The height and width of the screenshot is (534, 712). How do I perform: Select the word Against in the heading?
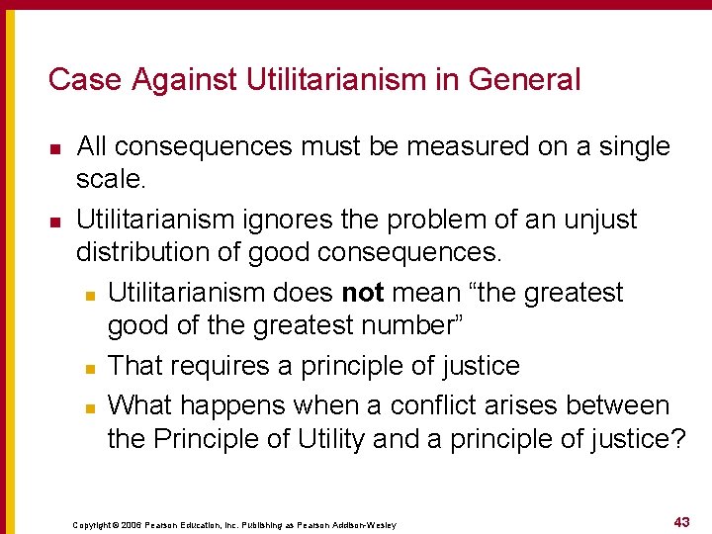166,79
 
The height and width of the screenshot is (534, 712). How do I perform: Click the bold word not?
363,293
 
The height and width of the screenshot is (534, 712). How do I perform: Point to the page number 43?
681,521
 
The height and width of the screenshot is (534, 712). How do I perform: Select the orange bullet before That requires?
88,368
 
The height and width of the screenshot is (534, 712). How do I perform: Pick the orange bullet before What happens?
88,407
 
